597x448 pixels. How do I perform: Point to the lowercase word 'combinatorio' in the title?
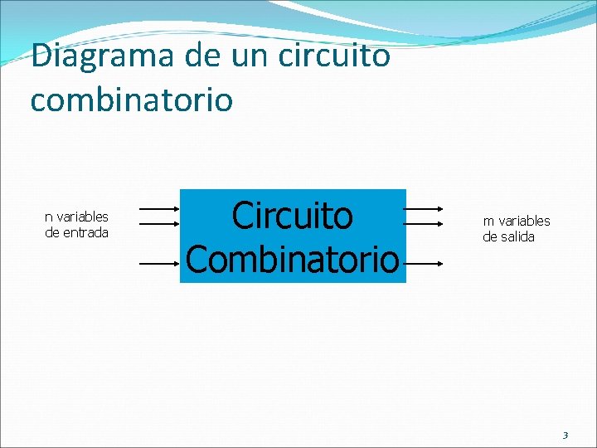click(x=131, y=100)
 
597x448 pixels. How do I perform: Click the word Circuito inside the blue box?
click(x=292, y=216)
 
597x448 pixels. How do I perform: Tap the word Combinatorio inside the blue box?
click(x=292, y=259)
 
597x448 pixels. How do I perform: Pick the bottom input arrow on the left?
click(x=159, y=264)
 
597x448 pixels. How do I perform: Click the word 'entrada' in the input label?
click(x=86, y=232)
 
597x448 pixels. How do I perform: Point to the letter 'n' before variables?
click(x=48, y=217)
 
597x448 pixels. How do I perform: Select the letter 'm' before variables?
click(x=488, y=222)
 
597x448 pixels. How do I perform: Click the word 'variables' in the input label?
click(x=82, y=217)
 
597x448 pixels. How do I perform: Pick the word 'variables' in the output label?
click(x=524, y=221)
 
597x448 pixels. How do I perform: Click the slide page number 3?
click(x=565, y=435)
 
